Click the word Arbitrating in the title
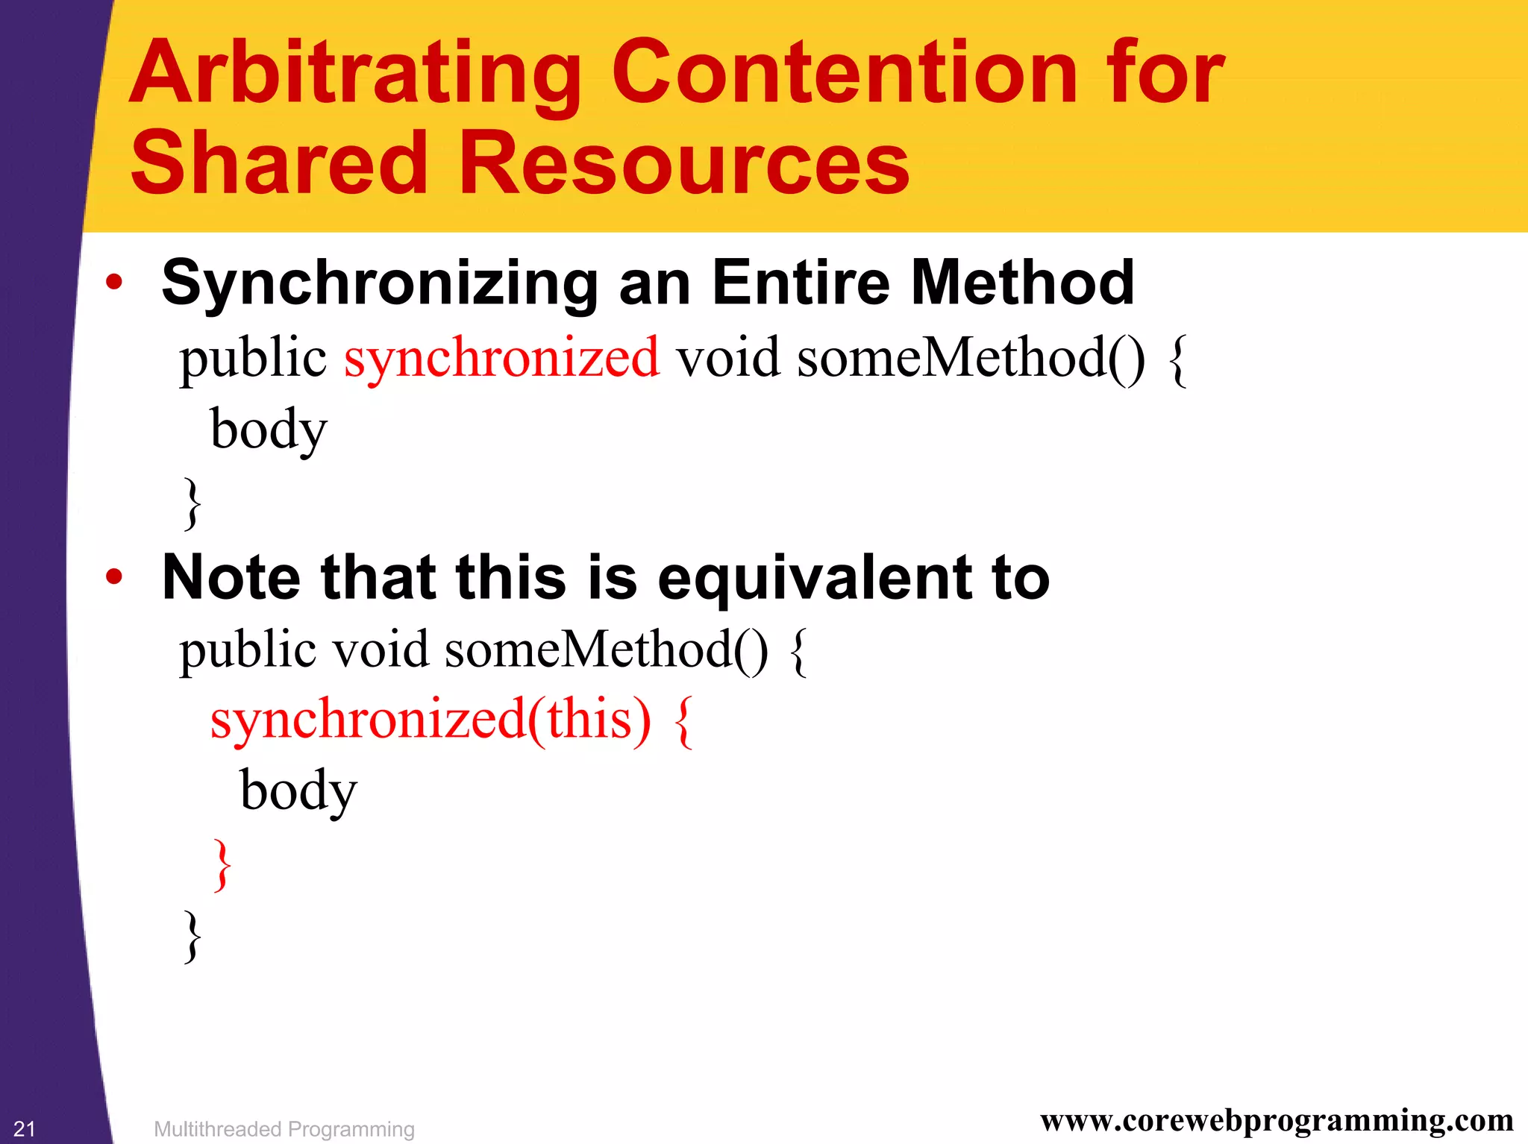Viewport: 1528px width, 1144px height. (x=355, y=75)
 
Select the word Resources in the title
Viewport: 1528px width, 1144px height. (x=684, y=163)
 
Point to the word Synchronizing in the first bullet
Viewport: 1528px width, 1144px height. (x=380, y=284)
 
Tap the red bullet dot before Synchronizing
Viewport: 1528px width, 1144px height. (x=113, y=283)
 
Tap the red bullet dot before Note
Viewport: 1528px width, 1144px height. (x=113, y=576)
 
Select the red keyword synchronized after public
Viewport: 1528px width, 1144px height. (x=501, y=359)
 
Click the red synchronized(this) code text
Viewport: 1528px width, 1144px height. (x=430, y=720)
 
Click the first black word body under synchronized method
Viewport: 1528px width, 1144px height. (x=269, y=430)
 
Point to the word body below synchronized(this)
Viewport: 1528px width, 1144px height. (x=298, y=791)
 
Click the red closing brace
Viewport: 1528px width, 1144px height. (x=222, y=864)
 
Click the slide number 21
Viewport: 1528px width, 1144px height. (x=25, y=1129)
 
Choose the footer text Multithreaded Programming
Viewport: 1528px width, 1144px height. (x=284, y=1129)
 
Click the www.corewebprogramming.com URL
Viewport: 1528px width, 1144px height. (x=1277, y=1121)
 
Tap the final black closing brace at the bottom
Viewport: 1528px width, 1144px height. (x=192, y=936)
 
